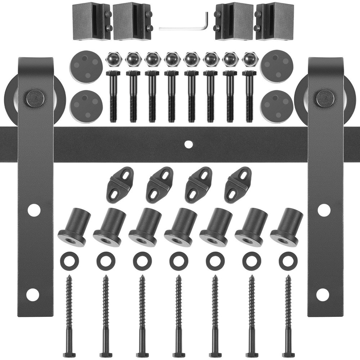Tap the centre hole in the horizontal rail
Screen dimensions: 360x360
click(187, 144)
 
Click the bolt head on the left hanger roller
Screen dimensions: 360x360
click(36, 97)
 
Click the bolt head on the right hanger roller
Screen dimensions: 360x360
click(324, 98)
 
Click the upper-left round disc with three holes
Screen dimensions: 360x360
click(86, 66)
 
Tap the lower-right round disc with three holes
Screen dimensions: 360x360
click(277, 106)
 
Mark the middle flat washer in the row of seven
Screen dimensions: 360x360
click(178, 261)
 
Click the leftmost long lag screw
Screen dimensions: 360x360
click(69, 317)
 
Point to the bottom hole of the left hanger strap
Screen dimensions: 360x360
click(32, 294)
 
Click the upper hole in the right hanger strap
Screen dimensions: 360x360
click(324, 210)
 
